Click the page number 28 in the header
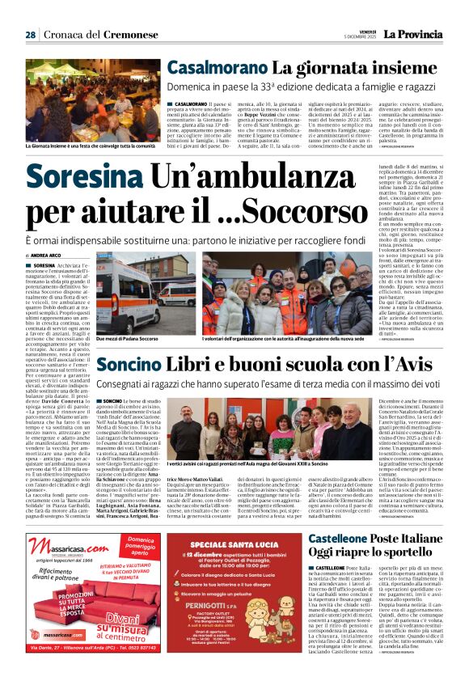30,35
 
